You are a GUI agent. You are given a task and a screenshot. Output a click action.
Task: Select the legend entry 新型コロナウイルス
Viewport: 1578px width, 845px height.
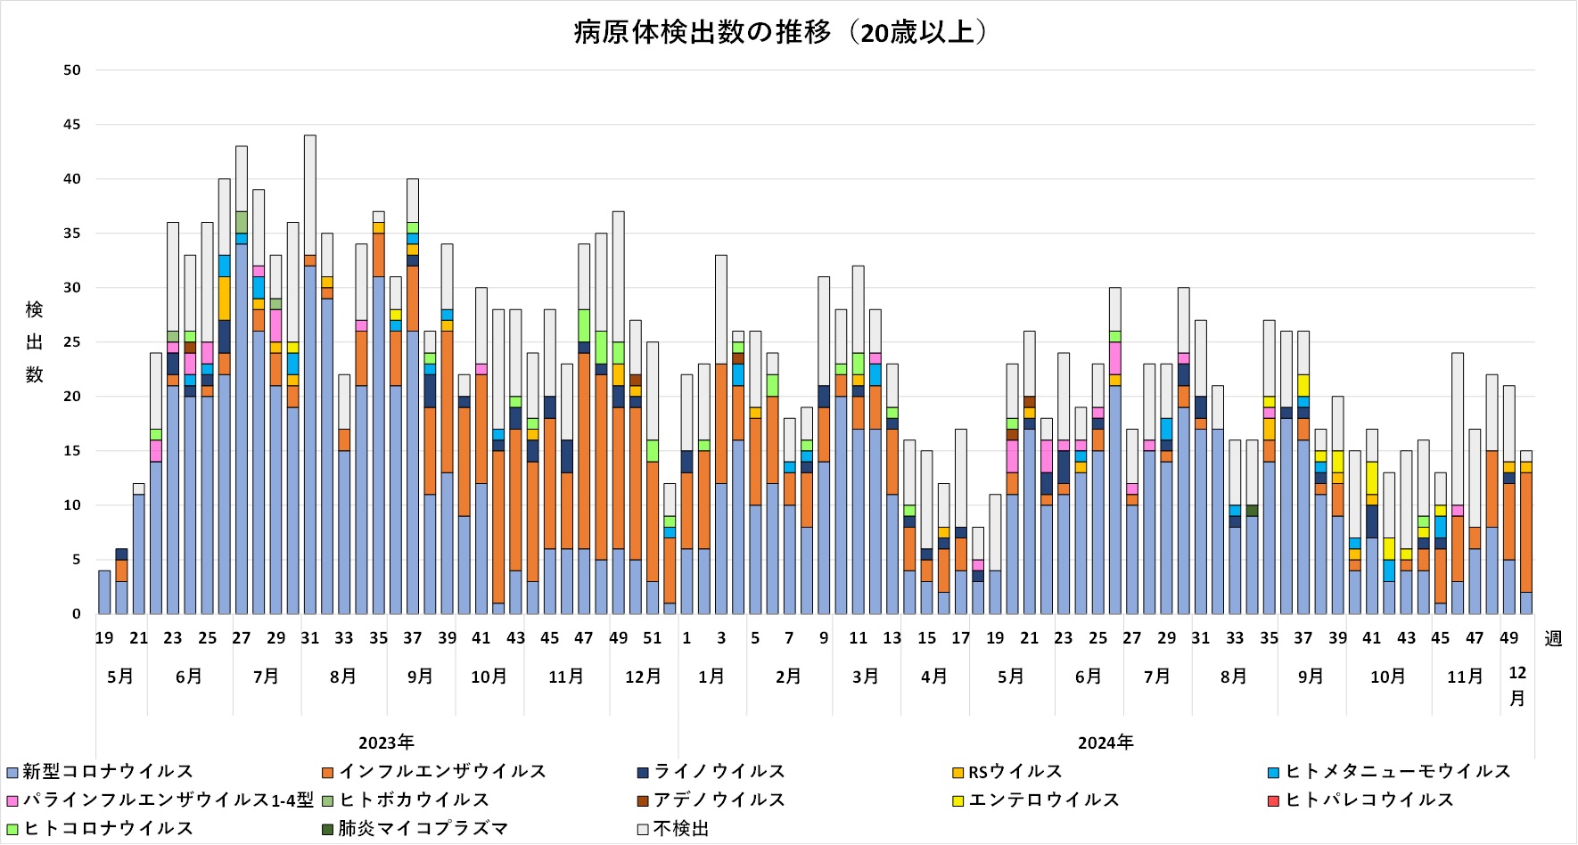pos(107,772)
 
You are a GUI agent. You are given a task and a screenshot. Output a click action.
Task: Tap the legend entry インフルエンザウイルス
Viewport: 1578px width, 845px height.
pos(442,772)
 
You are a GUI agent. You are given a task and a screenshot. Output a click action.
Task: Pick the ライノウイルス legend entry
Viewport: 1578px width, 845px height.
pos(719,772)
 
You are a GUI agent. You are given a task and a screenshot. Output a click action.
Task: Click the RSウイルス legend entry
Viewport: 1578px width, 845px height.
pos(1015,772)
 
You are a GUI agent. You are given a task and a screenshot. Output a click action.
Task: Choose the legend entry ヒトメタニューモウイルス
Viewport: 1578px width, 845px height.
pos(1397,772)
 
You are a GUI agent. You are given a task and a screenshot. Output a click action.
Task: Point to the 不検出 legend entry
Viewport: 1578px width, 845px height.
pos(680,829)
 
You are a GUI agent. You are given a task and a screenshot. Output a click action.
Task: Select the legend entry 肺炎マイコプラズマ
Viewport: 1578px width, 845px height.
pos(423,829)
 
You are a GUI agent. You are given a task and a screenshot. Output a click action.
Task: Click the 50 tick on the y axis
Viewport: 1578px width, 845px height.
pos(72,70)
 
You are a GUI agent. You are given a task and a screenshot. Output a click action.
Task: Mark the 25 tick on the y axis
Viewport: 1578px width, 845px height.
pos(72,342)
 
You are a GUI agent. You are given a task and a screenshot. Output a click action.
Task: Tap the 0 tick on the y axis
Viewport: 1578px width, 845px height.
pos(77,614)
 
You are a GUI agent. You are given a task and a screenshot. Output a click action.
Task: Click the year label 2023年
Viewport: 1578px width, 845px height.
pos(386,743)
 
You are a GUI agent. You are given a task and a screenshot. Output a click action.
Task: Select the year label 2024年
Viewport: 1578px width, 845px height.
pos(1105,743)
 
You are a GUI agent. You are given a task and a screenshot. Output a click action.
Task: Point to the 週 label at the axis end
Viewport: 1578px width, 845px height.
pos(1553,639)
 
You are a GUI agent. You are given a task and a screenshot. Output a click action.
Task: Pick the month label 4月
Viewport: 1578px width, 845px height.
pos(933,677)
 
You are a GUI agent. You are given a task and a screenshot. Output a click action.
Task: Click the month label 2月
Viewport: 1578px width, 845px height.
pos(788,677)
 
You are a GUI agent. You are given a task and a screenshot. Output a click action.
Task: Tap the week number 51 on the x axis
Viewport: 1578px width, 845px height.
pos(653,638)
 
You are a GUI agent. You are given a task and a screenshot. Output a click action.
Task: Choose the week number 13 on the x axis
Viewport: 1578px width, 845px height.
pos(892,638)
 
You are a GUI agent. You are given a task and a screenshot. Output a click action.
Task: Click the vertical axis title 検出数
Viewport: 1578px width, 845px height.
pos(34,342)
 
